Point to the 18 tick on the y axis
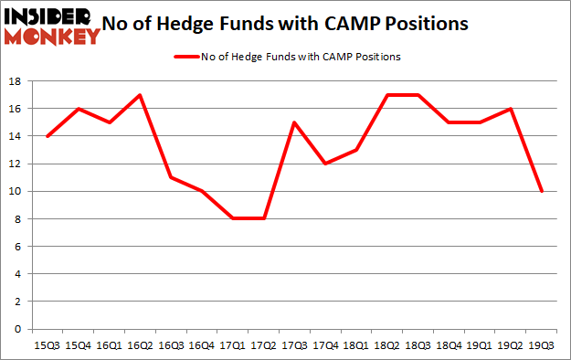point(16,81)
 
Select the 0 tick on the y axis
point(19,329)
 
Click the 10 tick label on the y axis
point(16,192)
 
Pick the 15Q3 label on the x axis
point(47,345)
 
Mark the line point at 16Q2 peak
point(140,95)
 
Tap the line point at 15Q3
point(47,136)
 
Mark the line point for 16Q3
point(171,177)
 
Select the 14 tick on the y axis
point(16,136)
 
